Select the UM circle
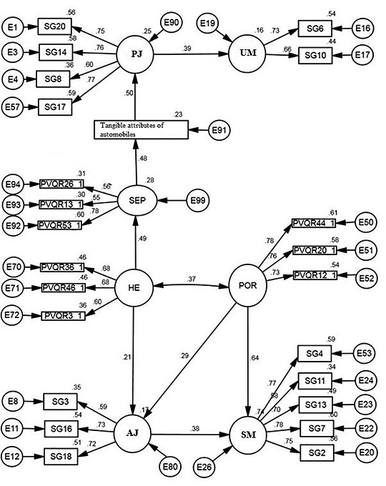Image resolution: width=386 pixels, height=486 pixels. [249, 54]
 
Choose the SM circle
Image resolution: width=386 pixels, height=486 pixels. [248, 434]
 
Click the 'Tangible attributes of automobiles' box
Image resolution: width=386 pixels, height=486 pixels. [141, 130]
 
